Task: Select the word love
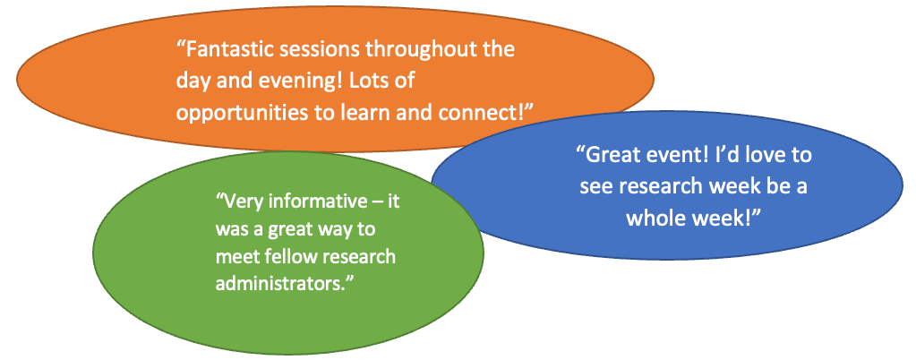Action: click(758, 155)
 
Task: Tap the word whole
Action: click(655, 218)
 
